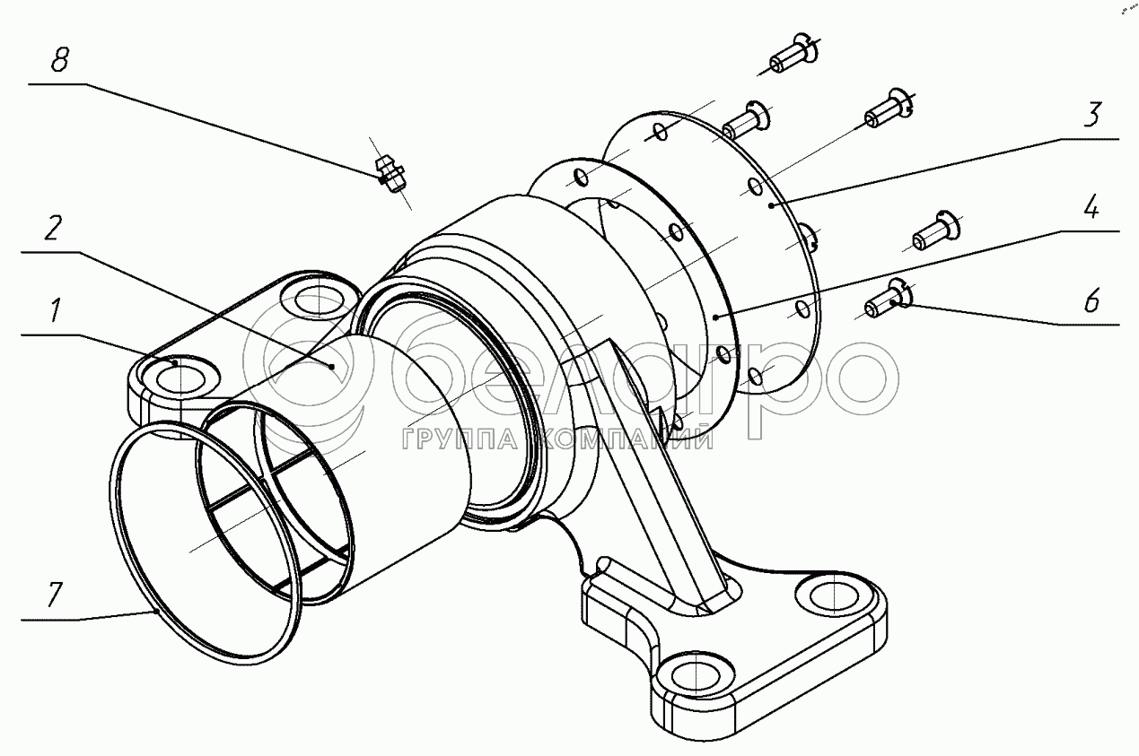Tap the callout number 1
click(56, 313)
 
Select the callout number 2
click(53, 230)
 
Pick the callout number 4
click(1090, 210)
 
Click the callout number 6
click(1090, 301)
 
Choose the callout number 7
click(56, 595)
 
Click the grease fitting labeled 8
click(389, 173)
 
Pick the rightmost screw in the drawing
click(935, 228)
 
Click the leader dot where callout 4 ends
click(714, 317)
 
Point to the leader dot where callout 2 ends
click(331, 366)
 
